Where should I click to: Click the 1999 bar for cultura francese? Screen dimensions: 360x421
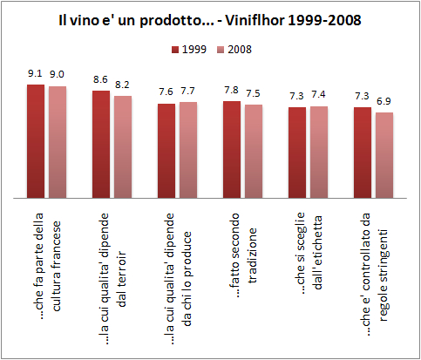(x=36, y=139)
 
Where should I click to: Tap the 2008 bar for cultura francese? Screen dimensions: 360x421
(x=58, y=140)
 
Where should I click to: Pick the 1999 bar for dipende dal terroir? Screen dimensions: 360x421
(x=101, y=143)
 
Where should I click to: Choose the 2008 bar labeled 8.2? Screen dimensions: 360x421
(x=123, y=146)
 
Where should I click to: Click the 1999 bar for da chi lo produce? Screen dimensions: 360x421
(x=166, y=149)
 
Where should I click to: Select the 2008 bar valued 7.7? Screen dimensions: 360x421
(x=188, y=148)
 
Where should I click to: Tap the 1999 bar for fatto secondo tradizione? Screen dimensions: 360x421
(x=232, y=148)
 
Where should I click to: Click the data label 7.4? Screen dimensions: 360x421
(x=319, y=96)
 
